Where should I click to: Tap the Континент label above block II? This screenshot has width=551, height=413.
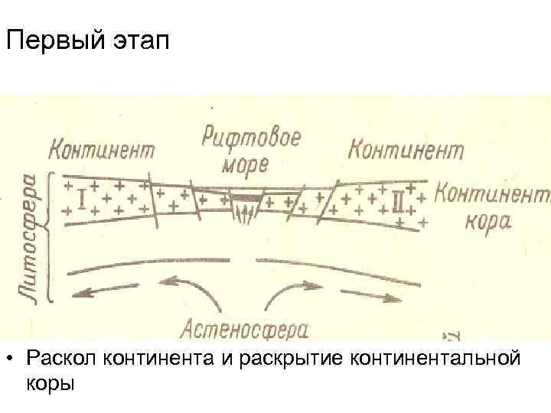406,149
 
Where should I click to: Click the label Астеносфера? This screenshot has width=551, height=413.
244,330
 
